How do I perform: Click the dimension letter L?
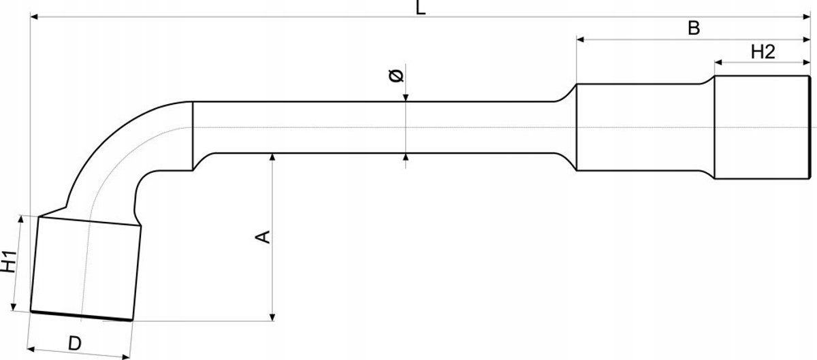pyautogui.click(x=421, y=7)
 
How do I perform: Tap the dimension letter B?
pyautogui.click(x=694, y=28)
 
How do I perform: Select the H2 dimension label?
pyautogui.click(x=763, y=52)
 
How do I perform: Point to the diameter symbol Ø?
pyautogui.click(x=396, y=76)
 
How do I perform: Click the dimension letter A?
pyautogui.click(x=263, y=237)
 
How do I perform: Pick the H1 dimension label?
pyautogui.click(x=8, y=261)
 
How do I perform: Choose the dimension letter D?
pyautogui.click(x=75, y=343)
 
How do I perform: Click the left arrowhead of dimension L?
pyautogui.click(x=34, y=16)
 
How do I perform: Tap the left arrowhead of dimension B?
pyautogui.click(x=580, y=39)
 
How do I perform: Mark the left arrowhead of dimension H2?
pyautogui.click(x=718, y=63)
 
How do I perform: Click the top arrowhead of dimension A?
pyautogui.click(x=272, y=157)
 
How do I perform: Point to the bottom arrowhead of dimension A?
pyautogui.click(x=272, y=317)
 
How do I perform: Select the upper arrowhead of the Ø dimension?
pyautogui.click(x=406, y=98)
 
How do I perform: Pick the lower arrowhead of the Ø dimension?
pyautogui.click(x=406, y=157)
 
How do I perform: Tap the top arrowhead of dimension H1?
pyautogui.click(x=21, y=219)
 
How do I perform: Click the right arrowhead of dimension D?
pyautogui.click(x=126, y=357)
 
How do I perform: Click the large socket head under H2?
pyautogui.click(x=762, y=127)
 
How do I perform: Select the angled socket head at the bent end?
pyautogui.click(x=86, y=269)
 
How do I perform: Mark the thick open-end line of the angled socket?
pyautogui.click(x=81, y=316)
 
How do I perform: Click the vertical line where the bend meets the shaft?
pyautogui.click(x=193, y=136)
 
